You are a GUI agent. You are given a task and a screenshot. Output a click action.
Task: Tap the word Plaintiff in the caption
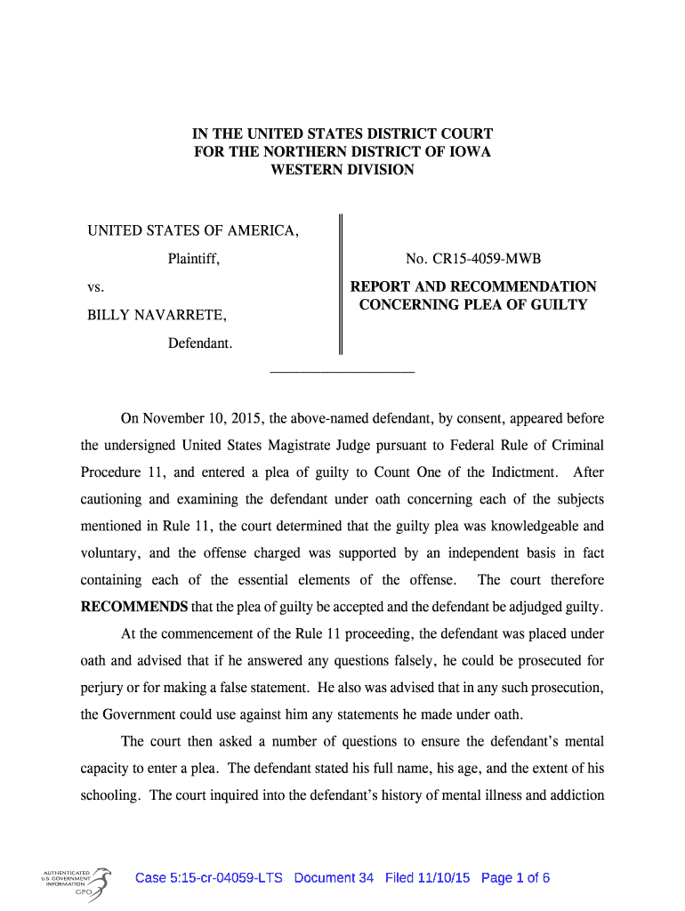tap(193, 259)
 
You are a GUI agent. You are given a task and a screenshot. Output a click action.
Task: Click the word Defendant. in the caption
tap(200, 343)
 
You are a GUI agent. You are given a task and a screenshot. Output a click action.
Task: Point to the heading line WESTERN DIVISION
tap(342, 169)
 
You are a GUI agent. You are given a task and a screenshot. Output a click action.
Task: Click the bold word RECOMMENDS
tap(134, 608)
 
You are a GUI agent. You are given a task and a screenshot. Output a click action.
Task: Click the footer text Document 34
tap(334, 878)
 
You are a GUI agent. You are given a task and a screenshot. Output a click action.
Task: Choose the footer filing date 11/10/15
tap(443, 878)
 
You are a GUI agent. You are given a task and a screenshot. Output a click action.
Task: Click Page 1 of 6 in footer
tap(515, 878)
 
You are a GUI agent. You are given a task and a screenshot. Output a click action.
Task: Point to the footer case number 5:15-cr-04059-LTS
tap(208, 878)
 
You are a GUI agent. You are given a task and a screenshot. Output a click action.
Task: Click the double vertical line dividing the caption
tap(340, 284)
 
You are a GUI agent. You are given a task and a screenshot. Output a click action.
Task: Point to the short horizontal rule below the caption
tap(342, 369)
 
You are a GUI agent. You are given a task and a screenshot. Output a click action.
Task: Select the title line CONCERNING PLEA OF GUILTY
tap(473, 305)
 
